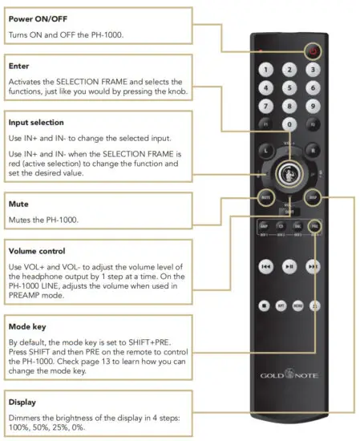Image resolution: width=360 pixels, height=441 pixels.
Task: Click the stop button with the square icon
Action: [263, 305]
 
